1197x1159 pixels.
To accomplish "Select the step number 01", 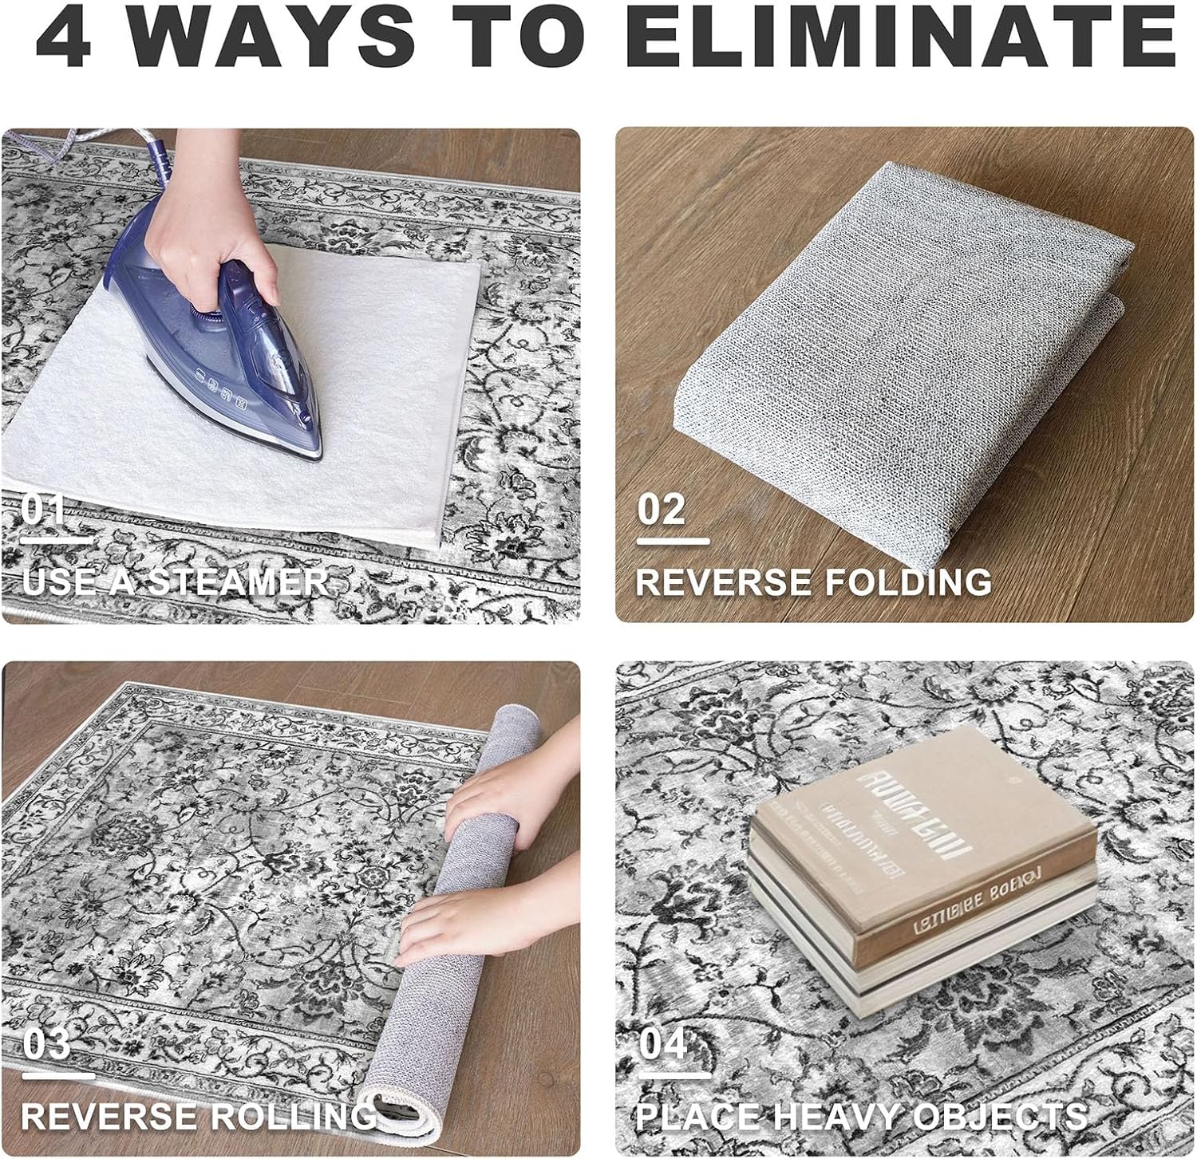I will click(43, 510).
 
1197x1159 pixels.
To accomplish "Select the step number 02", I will click(661, 510).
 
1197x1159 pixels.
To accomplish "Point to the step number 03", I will click(45, 1044).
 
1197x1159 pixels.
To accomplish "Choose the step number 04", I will click(662, 1044).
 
